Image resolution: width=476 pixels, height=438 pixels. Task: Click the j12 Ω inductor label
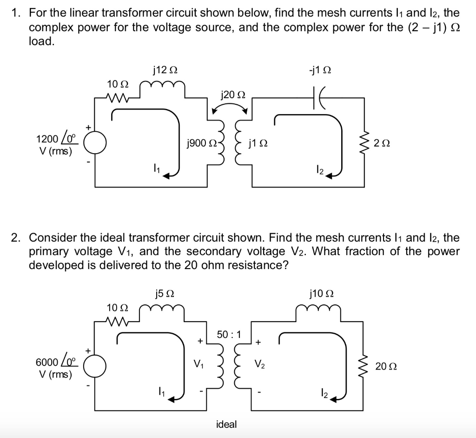[165, 70]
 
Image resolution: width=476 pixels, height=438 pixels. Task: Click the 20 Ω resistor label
[386, 366]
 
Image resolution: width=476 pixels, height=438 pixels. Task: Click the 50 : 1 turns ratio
[229, 334]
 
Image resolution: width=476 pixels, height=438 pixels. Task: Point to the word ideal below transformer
[226, 424]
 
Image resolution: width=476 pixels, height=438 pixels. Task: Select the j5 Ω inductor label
[165, 294]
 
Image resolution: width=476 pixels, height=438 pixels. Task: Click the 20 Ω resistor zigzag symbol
[364, 366]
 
